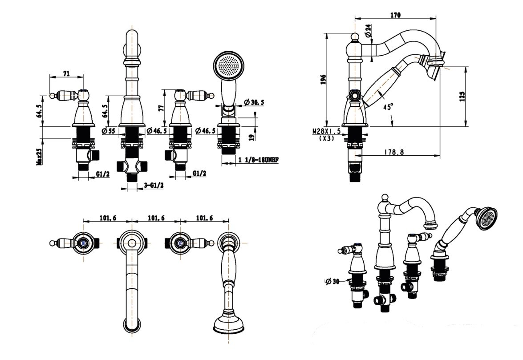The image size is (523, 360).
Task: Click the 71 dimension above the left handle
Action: (x=66, y=73)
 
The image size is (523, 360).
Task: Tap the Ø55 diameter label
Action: (x=108, y=131)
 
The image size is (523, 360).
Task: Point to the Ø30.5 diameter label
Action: (x=254, y=102)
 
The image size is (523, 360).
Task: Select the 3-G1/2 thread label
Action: (x=154, y=186)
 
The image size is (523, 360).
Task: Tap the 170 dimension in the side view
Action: (x=395, y=15)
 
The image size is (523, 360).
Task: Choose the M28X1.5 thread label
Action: (x=326, y=132)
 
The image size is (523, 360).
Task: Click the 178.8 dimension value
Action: (x=394, y=152)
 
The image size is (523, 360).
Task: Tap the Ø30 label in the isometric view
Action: (x=331, y=281)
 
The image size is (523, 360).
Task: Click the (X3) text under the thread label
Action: (x=328, y=139)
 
